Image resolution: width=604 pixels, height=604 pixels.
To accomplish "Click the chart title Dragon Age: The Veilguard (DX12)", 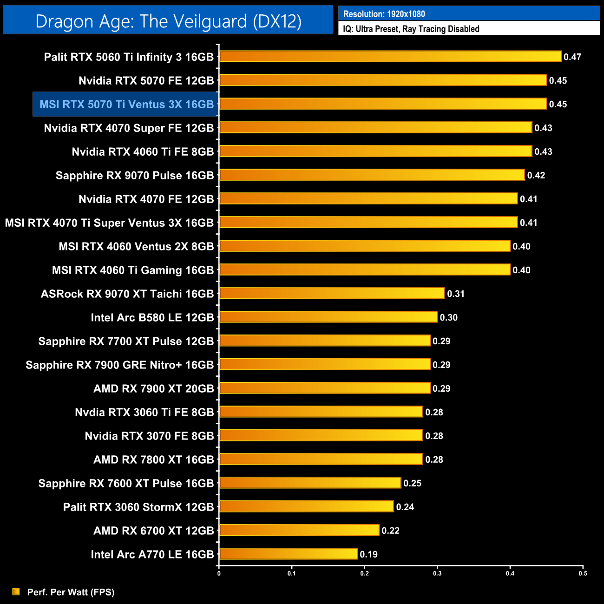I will click(168, 21).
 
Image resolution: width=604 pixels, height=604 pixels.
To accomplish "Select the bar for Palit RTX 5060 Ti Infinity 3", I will click(390, 57).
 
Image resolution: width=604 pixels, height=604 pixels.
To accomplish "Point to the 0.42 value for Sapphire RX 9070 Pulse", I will click(536, 175).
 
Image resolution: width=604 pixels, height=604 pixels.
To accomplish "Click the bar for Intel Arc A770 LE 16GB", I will click(288, 554).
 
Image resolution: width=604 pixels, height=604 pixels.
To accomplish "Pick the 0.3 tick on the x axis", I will click(437, 573).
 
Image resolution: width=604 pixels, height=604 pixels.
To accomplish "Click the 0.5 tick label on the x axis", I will click(583, 573).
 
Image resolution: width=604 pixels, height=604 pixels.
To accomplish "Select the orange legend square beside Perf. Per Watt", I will click(16, 591).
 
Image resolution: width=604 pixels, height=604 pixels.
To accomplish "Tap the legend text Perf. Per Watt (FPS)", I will click(71, 592).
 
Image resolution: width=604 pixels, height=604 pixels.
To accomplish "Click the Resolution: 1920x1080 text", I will click(384, 14).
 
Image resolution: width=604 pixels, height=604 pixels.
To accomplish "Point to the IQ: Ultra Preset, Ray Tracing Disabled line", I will click(411, 29).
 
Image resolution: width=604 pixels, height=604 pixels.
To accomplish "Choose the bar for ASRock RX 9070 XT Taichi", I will click(332, 293).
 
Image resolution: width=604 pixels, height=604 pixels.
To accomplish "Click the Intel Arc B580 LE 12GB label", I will click(152, 317).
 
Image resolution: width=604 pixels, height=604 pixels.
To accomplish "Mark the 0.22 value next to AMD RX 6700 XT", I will click(390, 531).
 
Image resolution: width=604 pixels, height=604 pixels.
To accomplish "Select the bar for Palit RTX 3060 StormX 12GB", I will click(306, 506).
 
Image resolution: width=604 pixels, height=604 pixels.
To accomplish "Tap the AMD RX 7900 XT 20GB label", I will click(153, 388).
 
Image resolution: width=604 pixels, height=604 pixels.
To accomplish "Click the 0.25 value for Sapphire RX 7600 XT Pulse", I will click(412, 483).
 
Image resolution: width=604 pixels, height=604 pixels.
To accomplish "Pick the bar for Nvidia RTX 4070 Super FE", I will click(375, 127).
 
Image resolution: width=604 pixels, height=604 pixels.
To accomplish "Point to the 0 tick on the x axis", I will click(219, 573).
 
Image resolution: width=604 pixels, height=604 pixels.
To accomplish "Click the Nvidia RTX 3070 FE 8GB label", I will click(149, 436).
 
